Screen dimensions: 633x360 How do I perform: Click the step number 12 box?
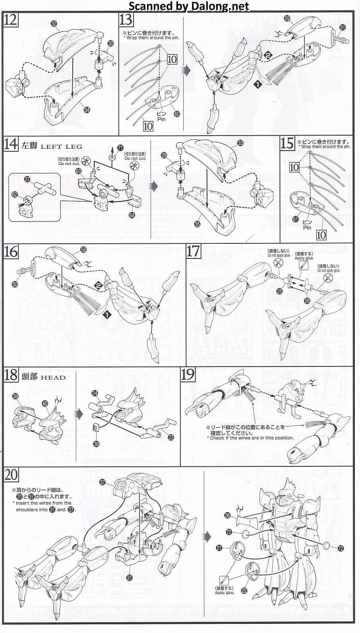[x=10, y=19]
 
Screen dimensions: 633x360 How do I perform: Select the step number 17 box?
[x=194, y=251]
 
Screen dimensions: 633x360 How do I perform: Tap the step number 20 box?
[x=11, y=474]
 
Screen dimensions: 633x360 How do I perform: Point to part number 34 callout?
[x=87, y=110]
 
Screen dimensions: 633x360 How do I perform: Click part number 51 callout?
[x=343, y=27]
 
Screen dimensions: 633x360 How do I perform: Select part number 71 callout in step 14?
[x=121, y=147]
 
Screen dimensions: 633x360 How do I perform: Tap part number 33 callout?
[x=240, y=143]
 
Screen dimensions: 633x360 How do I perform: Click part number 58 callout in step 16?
[x=83, y=249]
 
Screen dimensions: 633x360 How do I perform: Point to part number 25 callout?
[x=279, y=291]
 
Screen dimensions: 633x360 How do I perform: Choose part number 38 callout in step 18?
[x=96, y=444]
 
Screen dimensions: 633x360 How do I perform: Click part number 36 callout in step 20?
[x=227, y=515]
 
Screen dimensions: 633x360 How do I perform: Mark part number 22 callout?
[x=244, y=590]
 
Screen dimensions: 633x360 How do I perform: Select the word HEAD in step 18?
[x=53, y=377]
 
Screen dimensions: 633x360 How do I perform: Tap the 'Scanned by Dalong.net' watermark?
[x=189, y=6]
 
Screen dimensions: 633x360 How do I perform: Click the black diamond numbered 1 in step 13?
[x=258, y=84]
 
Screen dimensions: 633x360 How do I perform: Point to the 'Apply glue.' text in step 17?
[x=304, y=258]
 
